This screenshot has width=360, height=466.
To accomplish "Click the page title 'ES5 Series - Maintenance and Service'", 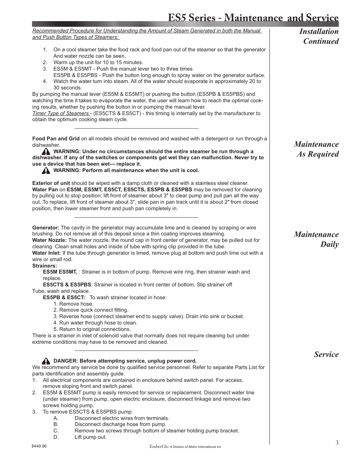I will tap(253, 18).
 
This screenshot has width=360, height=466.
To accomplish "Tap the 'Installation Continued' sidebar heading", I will tap(319, 36).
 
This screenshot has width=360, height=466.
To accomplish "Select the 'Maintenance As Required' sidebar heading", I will tap(316, 149).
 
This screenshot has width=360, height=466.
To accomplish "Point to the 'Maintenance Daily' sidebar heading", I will tap(316, 239).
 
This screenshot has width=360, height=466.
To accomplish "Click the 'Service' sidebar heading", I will tap(326, 354).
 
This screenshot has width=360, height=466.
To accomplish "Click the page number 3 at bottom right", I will tap(337, 443).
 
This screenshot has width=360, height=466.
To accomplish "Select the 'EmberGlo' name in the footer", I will tap(158, 446).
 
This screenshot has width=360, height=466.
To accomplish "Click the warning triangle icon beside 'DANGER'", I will tap(46, 361).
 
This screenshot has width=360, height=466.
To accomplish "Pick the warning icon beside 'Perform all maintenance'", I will tap(46, 171).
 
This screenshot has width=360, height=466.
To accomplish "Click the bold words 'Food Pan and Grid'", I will tap(56, 138).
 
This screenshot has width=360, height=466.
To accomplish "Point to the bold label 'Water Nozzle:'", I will tap(49, 240).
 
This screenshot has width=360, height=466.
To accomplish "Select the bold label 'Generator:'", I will tap(46, 228).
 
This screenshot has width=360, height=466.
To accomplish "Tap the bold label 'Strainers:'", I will tap(45, 266).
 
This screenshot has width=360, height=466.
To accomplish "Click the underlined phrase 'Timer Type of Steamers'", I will tap(60, 113).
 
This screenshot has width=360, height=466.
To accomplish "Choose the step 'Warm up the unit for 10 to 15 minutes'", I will tap(98, 63).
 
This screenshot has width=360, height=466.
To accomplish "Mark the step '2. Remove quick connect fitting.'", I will tap(91, 310).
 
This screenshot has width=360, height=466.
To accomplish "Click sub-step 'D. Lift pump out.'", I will tap(91, 437).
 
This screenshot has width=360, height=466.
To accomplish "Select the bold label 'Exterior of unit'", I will tap(51, 183).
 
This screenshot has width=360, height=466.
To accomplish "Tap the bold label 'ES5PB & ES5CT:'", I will tap(64, 297).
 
